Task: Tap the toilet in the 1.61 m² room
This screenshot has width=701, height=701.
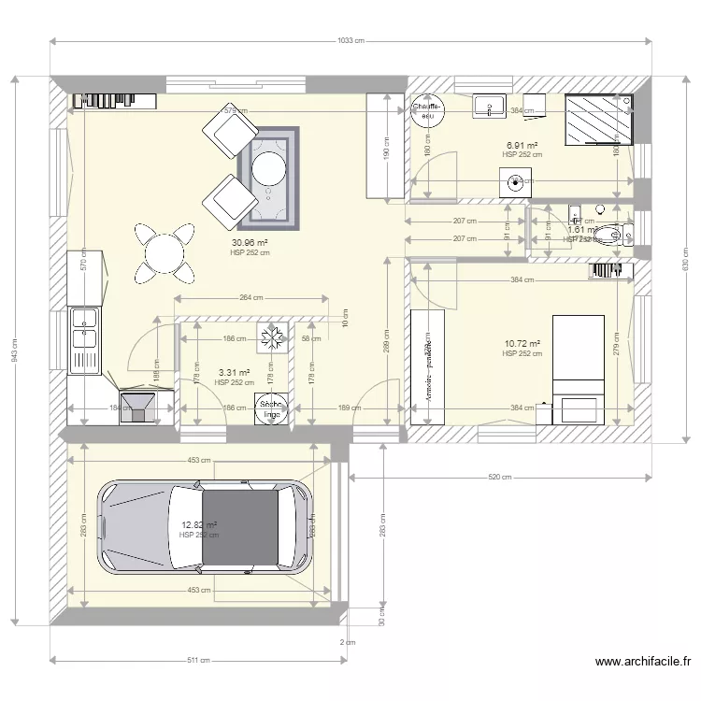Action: (x=609, y=235)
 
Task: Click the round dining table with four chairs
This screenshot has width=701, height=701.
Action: (x=165, y=252)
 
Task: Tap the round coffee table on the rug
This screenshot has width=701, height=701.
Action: (x=269, y=167)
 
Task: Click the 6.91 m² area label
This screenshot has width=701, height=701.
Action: (x=522, y=146)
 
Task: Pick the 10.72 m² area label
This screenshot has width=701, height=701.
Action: (x=522, y=345)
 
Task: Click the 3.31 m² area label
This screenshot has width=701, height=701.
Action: (x=234, y=373)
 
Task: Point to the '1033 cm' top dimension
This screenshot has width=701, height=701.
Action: (x=350, y=41)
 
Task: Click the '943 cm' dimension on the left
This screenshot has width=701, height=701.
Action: (x=14, y=350)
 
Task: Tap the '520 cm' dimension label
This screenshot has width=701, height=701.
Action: (x=500, y=477)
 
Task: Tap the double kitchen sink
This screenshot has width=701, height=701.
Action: (x=86, y=336)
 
